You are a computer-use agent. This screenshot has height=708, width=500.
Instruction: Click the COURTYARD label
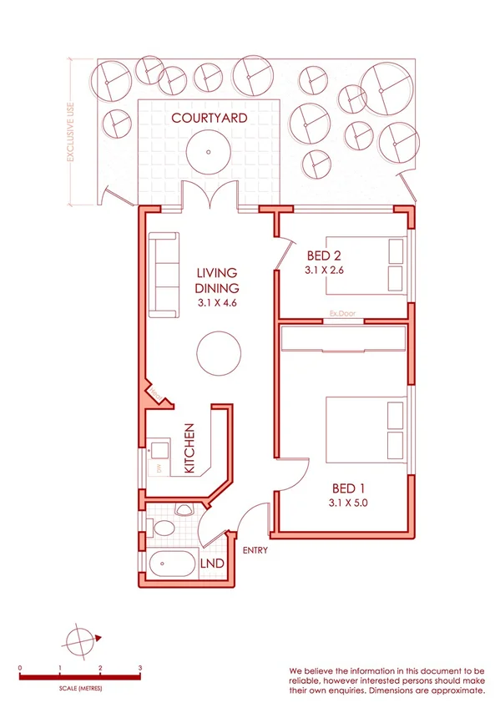tap(209, 119)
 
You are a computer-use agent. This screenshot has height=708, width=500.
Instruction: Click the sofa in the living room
tap(164, 276)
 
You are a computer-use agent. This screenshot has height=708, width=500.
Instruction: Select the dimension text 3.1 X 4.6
tap(218, 303)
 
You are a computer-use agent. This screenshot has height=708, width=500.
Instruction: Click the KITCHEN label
tap(189, 448)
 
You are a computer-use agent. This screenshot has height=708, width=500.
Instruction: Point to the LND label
tap(213, 564)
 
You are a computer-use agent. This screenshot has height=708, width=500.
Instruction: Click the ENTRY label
tap(255, 550)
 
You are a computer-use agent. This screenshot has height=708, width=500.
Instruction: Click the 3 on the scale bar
tap(139, 669)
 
